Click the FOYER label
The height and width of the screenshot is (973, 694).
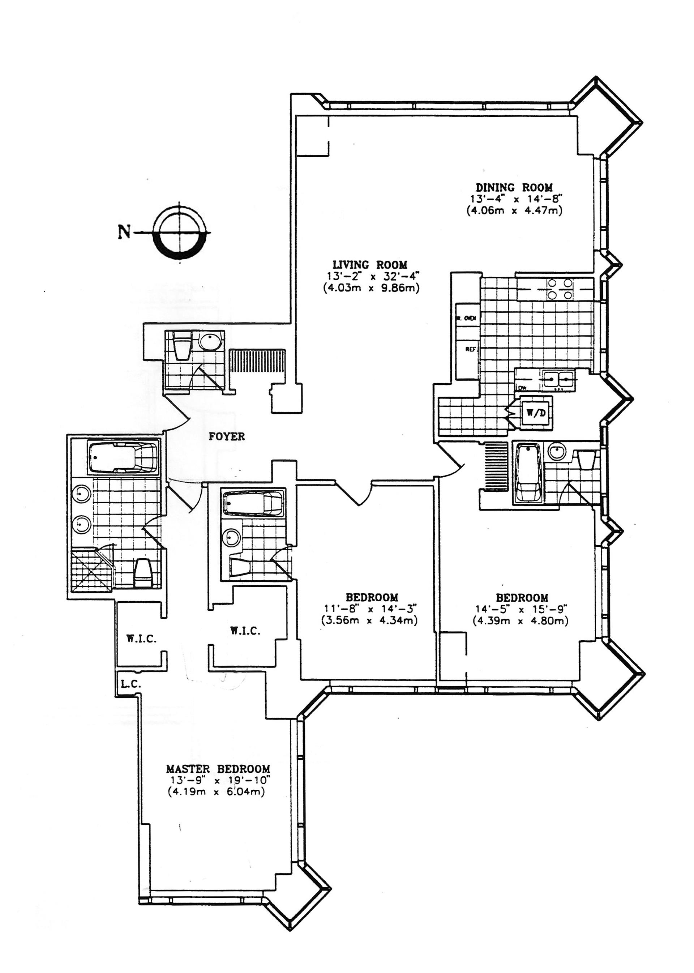click(227, 436)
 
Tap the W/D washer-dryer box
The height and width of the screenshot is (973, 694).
click(535, 413)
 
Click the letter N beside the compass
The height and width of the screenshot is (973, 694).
click(124, 232)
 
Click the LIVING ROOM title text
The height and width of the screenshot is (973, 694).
click(370, 265)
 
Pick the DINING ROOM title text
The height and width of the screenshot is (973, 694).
click(514, 187)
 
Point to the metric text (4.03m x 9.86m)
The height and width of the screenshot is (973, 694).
click(371, 288)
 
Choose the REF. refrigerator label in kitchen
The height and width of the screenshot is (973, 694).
click(471, 349)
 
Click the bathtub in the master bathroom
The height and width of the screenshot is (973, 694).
click(122, 458)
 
